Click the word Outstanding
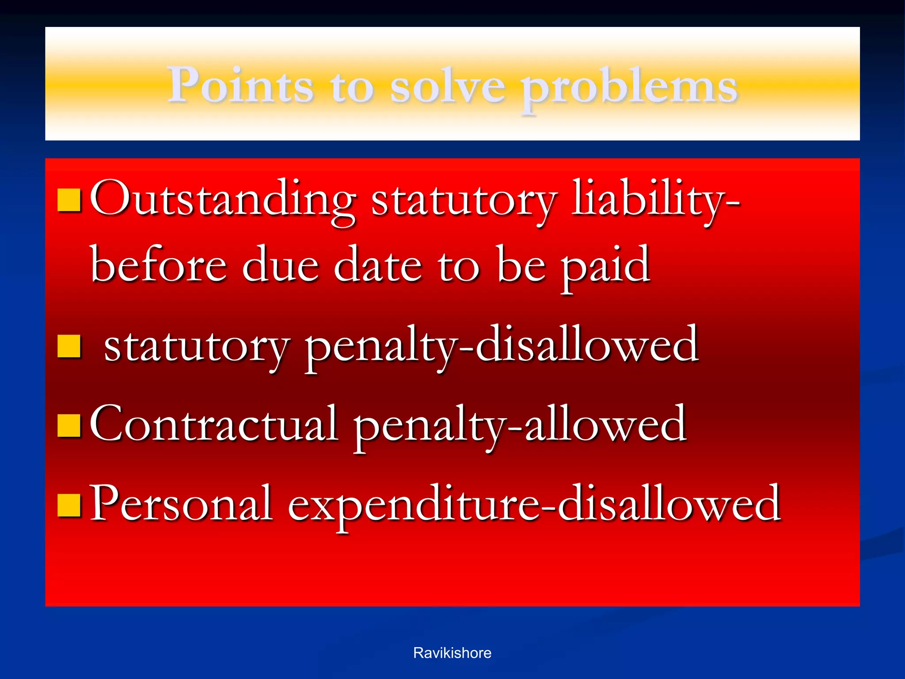click(x=223, y=200)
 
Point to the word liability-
click(x=655, y=202)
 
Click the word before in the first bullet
click(x=159, y=265)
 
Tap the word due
click(x=280, y=265)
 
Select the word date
click(x=377, y=265)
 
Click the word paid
click(x=605, y=267)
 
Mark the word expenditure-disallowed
click(x=534, y=505)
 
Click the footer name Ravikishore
click(x=452, y=653)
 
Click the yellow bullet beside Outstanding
click(x=69, y=200)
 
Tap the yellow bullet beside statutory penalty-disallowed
click(x=69, y=346)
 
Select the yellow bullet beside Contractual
click(x=69, y=425)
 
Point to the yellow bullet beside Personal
click(x=69, y=505)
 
